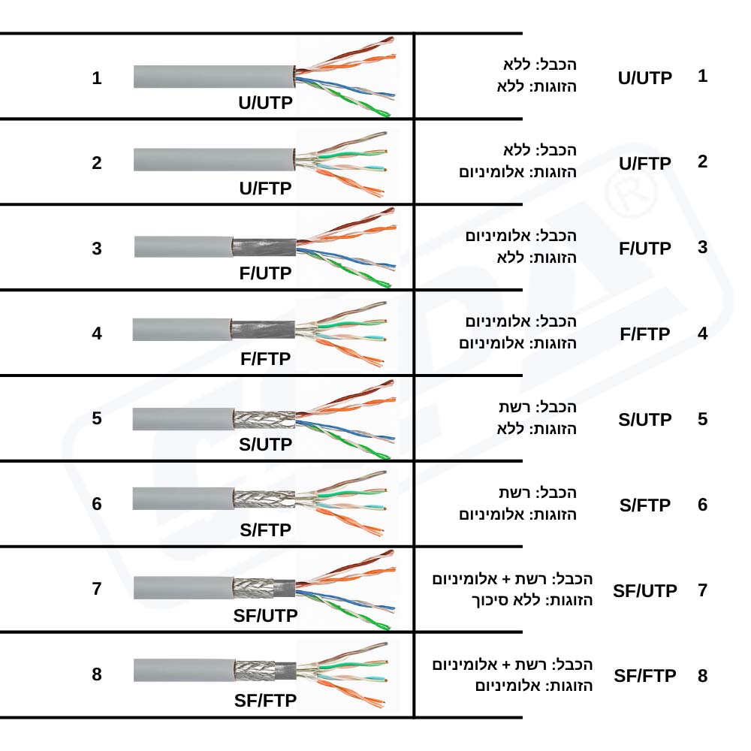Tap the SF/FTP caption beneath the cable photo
(265, 701)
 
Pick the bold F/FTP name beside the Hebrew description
(645, 334)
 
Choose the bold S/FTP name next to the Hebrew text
(645, 505)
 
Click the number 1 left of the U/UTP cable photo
(97, 77)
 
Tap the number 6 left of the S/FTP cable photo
(97, 504)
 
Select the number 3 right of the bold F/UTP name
(702, 247)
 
